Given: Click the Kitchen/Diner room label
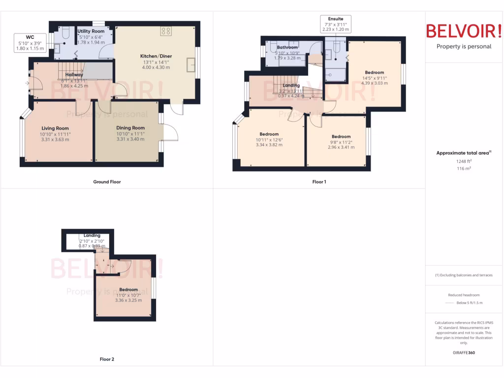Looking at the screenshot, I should (x=156, y=57).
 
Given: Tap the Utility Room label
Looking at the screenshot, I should (x=91, y=31).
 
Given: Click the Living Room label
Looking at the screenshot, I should (x=55, y=128).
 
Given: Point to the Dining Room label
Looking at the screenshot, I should (x=130, y=128).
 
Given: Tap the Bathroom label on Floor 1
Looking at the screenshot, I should (x=287, y=48).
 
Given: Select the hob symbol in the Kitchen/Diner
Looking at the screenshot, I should (x=166, y=31).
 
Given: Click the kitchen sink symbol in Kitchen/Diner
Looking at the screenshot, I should (x=190, y=64).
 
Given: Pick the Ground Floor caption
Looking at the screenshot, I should (x=107, y=182).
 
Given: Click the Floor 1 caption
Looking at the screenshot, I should (x=319, y=182).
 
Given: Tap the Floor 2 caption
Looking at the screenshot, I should (x=107, y=359).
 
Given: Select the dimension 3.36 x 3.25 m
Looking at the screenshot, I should (x=128, y=300).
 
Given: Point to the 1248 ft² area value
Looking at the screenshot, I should (x=463, y=161).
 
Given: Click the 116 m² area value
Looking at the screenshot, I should (x=463, y=168).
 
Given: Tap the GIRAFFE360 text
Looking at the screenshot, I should (x=464, y=352).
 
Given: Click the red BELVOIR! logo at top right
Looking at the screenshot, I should (x=464, y=31).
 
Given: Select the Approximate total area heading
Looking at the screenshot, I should (x=463, y=153).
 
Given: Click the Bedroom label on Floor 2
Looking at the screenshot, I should (x=128, y=289).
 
